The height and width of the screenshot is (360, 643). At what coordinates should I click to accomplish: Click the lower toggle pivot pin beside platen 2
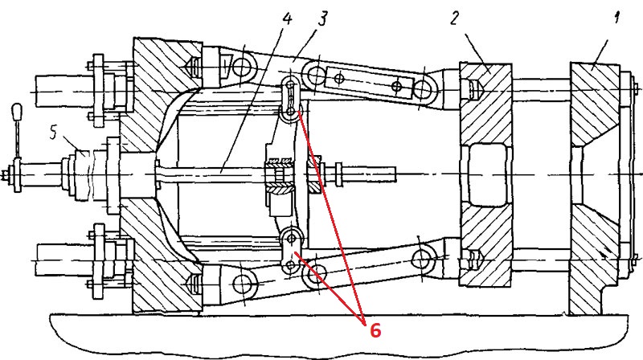click(420, 259)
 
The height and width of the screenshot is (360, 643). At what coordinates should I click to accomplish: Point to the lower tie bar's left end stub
click(56, 262)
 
